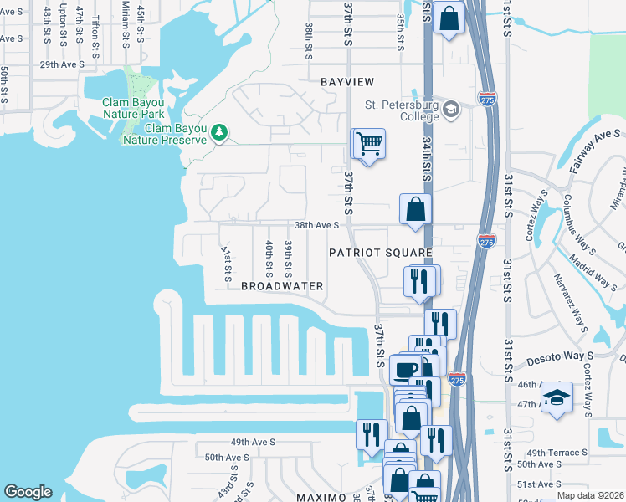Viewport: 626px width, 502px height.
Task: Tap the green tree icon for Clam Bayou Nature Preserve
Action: pyautogui.click(x=219, y=132)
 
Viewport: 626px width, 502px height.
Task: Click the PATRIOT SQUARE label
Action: pyautogui.click(x=380, y=252)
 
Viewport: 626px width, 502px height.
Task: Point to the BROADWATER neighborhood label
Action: pyautogui.click(x=282, y=286)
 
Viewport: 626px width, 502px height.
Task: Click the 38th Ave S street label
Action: pyautogui.click(x=316, y=225)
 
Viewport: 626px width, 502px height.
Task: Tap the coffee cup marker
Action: pyautogui.click(x=406, y=369)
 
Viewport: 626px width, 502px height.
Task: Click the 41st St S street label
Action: pyautogui.click(x=225, y=262)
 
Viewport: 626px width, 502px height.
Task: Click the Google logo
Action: pyautogui.click(x=28, y=492)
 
